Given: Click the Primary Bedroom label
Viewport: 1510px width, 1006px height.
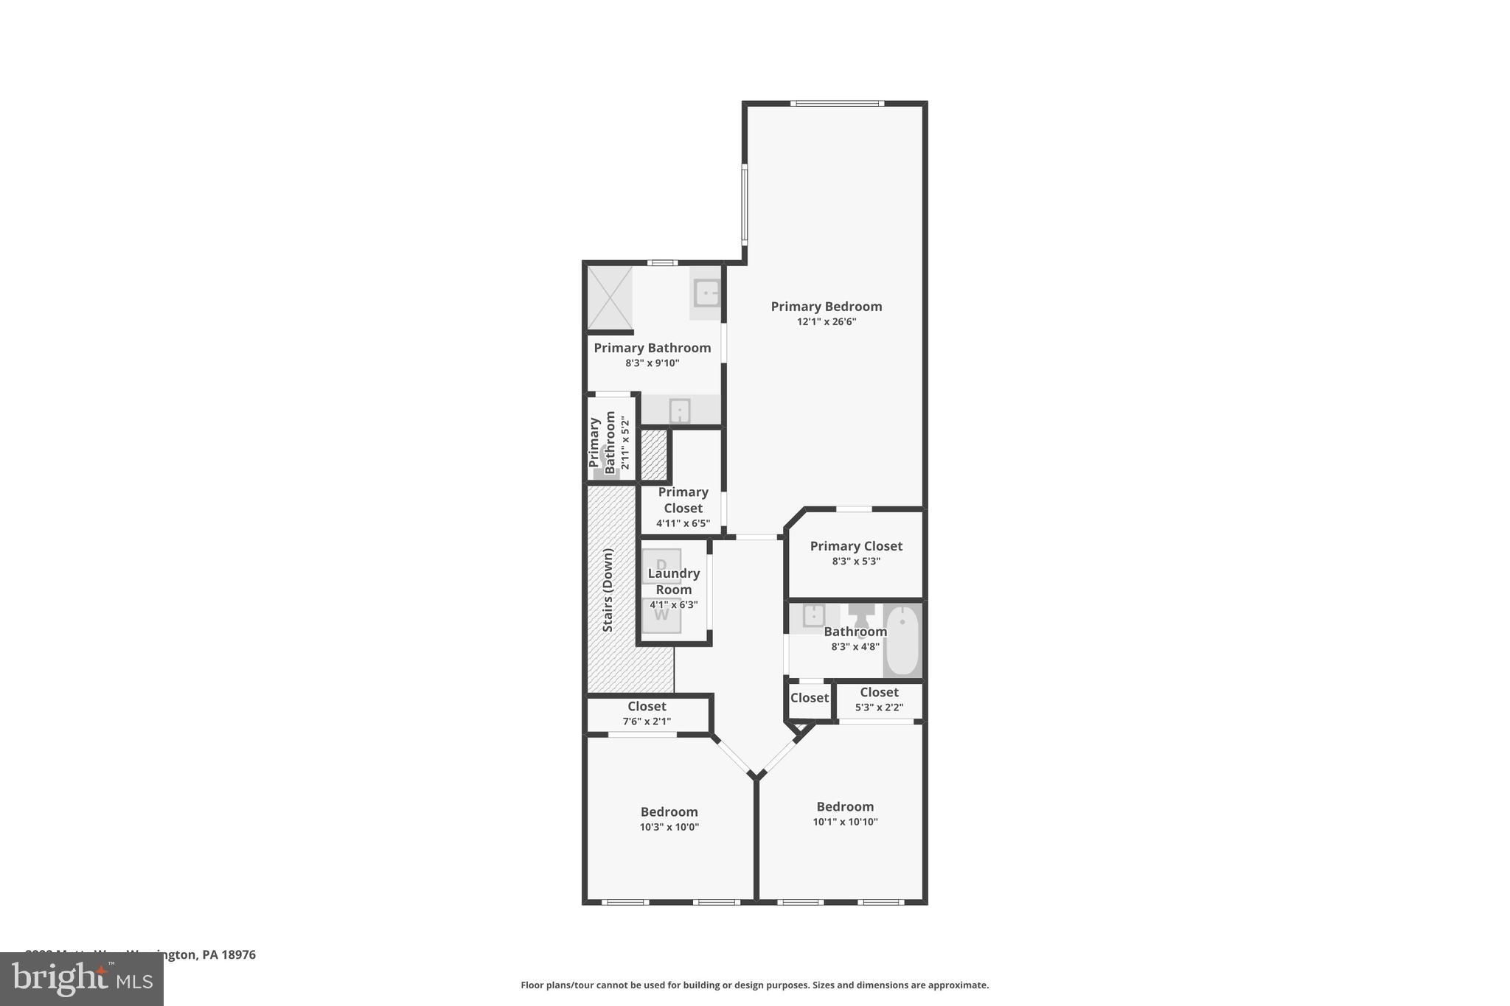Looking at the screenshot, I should [826, 307].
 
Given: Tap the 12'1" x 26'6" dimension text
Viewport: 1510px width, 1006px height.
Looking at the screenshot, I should [826, 322].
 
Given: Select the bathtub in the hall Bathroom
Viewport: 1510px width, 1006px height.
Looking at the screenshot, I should [902, 640].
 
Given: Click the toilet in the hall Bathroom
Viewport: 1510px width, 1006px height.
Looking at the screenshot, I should [860, 615].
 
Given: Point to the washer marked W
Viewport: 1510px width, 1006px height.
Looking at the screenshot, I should [661, 615].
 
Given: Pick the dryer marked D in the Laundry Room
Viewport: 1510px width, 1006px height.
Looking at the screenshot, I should [661, 565].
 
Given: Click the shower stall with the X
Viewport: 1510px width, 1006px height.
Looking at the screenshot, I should [610, 298].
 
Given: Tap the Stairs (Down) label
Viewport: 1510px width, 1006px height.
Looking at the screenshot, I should [608, 590].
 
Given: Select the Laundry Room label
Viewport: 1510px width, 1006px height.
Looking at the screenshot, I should [674, 581].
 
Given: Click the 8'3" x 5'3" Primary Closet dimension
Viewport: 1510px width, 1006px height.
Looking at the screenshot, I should [855, 562].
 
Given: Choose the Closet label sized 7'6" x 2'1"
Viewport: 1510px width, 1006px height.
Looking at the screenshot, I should [647, 707].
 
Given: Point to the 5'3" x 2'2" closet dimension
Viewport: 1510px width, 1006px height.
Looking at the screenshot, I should [879, 708].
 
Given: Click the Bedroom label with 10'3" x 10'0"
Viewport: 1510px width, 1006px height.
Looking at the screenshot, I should [669, 812].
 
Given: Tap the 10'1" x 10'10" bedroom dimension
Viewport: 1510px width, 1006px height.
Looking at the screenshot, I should [845, 822].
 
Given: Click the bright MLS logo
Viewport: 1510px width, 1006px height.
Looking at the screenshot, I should [82, 979].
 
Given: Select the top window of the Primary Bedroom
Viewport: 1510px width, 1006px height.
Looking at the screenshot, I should [837, 104].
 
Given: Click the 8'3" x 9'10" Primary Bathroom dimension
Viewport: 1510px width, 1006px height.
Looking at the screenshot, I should [652, 363].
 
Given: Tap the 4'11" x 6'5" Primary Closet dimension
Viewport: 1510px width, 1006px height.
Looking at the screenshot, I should [683, 524].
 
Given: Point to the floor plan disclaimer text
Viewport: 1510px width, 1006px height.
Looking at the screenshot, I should [754, 985].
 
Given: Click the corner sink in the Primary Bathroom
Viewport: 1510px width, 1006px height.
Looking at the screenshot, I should [706, 293].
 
